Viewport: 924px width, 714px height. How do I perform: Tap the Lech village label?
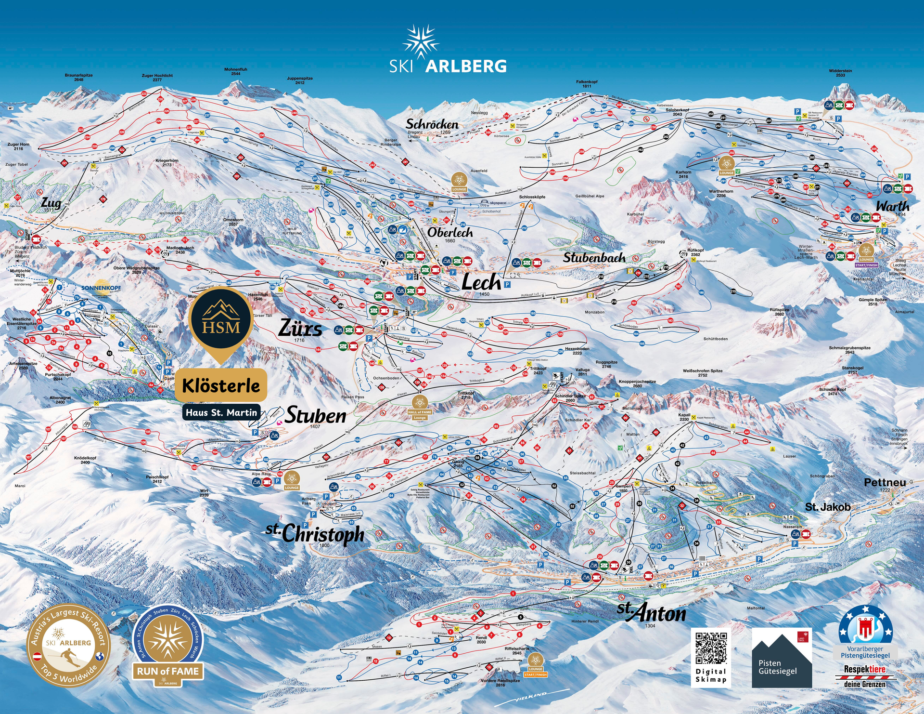click(481, 282)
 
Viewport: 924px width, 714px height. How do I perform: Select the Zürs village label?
click(300, 329)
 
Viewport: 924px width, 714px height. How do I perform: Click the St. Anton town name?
click(652, 612)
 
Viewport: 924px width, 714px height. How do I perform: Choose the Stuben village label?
click(315, 415)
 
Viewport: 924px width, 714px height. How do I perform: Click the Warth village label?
click(892, 206)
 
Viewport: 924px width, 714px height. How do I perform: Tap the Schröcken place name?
click(432, 124)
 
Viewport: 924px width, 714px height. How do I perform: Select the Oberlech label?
click(450, 232)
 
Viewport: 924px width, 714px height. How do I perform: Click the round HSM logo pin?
click(221, 320)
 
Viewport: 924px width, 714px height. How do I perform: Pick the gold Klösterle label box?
click(221, 385)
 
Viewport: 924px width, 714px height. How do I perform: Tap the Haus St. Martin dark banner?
click(221, 412)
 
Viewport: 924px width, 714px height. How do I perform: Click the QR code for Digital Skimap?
click(711, 648)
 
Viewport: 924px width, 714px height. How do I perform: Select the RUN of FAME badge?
click(167, 646)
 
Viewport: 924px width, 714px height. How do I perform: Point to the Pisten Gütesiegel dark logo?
click(781, 658)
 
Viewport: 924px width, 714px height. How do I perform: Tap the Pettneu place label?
click(885, 482)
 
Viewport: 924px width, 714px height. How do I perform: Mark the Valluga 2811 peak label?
click(582, 371)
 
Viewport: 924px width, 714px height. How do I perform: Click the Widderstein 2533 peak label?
click(840, 73)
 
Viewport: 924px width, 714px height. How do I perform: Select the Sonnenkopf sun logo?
click(101, 287)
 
